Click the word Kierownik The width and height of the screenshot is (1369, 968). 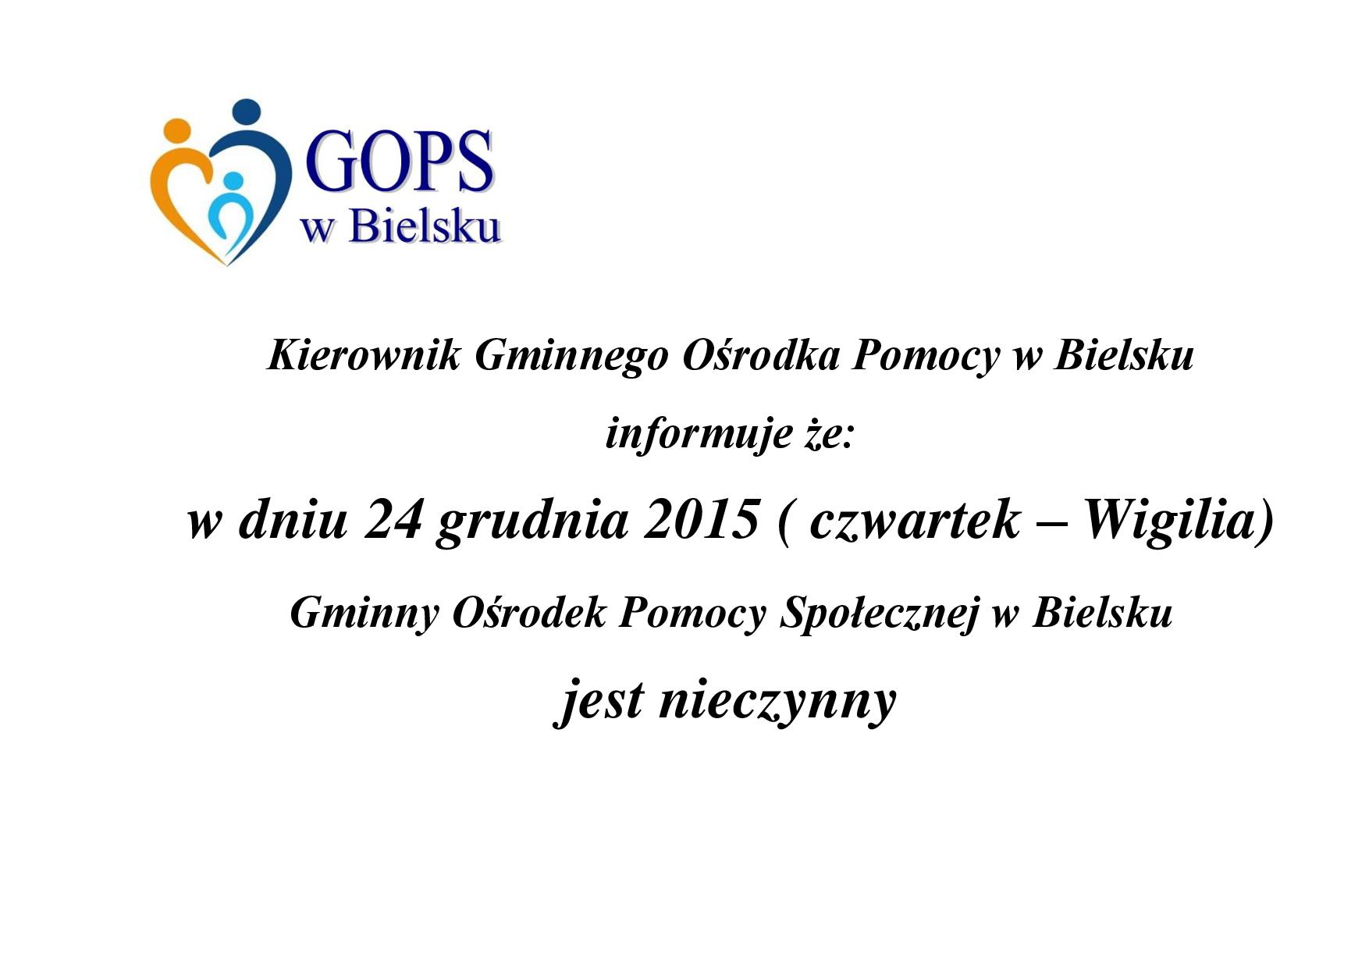[364, 356]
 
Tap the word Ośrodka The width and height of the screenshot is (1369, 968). [761, 356]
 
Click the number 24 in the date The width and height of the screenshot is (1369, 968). [393, 520]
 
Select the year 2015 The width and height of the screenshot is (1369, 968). [701, 520]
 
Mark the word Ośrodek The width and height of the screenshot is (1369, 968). [528, 613]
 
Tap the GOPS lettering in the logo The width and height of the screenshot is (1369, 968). [400, 162]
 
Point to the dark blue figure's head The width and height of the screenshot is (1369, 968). [247, 112]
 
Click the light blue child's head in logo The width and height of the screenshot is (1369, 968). [233, 181]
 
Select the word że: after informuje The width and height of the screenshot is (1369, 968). [831, 434]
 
